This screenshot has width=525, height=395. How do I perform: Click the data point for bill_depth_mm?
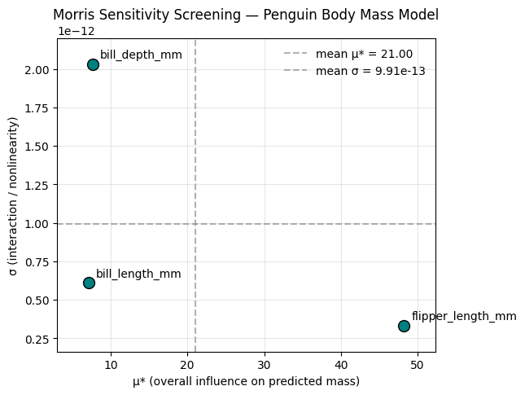pos(93,64)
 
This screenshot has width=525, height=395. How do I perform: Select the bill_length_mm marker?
pos(89,283)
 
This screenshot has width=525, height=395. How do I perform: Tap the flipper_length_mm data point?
pos(404,326)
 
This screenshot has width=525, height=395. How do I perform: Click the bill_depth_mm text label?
pos(141,55)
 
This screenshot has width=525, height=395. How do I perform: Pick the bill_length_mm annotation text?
pos(138,274)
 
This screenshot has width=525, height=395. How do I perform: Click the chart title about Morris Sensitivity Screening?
pos(246,15)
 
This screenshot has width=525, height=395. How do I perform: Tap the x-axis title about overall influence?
pos(246,381)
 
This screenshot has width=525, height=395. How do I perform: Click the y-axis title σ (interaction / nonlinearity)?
pos(14,196)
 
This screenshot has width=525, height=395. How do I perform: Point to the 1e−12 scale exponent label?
pos(75,31)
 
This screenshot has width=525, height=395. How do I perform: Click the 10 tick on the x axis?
pos(111,363)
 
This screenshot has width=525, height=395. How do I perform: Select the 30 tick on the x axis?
pos(265,363)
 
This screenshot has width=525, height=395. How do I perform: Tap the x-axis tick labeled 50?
pos(418,363)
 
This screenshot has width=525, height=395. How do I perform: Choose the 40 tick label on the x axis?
pos(341,363)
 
